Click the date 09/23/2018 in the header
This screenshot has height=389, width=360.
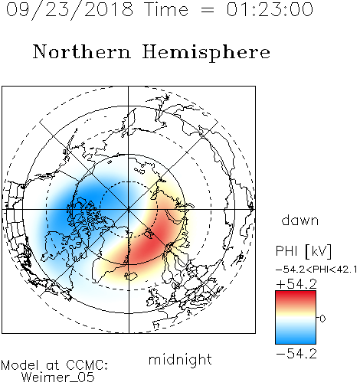70,9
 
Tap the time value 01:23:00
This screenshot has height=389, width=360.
270,9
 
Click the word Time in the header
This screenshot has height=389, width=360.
166,9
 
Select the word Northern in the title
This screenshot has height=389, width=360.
82,51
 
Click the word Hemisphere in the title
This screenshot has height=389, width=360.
206,52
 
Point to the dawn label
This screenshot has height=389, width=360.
300,220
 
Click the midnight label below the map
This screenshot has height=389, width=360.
180,359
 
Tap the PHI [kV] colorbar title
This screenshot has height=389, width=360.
303,251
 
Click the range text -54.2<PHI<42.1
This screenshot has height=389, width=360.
316,270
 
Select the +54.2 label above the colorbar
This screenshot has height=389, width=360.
296,284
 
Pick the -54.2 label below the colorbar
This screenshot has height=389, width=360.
296,354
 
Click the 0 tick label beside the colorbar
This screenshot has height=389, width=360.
322,319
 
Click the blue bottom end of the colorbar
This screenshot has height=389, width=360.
296,341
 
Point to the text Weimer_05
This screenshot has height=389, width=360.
58,377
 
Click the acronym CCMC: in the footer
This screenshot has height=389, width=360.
87,365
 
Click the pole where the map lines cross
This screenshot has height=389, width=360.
129,209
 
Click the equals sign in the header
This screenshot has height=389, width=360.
208,10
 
